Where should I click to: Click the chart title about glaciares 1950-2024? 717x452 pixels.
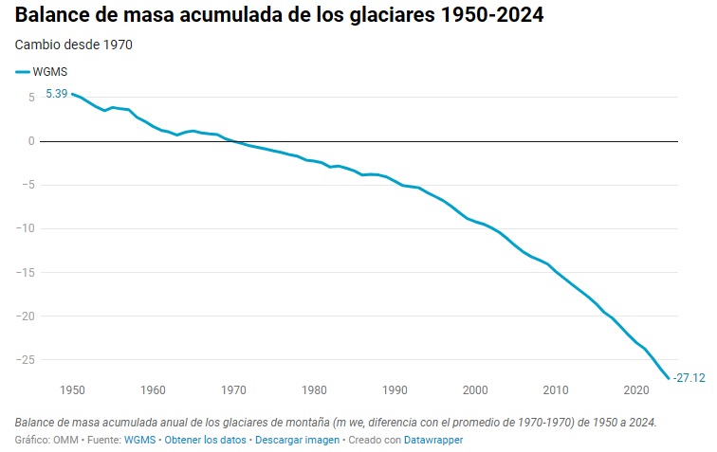tap(279, 17)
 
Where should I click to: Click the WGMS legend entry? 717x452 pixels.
tap(42, 71)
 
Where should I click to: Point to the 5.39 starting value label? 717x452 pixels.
tap(56, 94)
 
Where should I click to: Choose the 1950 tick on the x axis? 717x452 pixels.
tap(72, 389)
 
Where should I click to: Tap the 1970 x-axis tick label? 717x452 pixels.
tap(234, 389)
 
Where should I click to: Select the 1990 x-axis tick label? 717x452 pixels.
tap(395, 389)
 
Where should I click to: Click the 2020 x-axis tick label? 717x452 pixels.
tap(637, 389)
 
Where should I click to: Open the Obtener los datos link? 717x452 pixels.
tap(205, 441)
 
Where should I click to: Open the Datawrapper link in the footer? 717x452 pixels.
tap(432, 441)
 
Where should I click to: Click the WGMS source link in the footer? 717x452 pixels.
tap(139, 441)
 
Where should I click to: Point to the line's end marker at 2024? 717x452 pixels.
tap(669, 377)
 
